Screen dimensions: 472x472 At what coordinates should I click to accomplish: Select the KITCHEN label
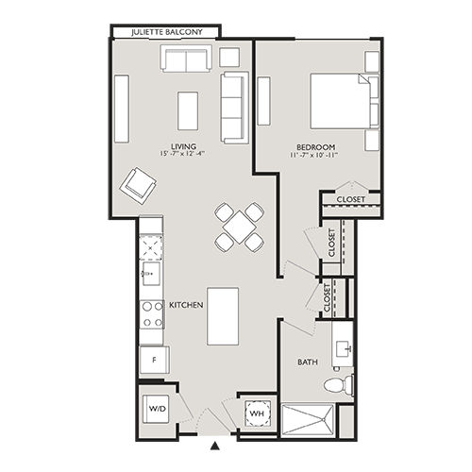[186, 306]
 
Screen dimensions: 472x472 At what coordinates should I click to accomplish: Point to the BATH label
[308, 361]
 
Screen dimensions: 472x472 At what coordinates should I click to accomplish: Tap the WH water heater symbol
[255, 412]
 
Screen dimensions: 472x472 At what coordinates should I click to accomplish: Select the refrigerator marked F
[154, 360]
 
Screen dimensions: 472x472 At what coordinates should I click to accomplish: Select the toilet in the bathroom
[337, 385]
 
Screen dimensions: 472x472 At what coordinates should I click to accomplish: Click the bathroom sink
[344, 349]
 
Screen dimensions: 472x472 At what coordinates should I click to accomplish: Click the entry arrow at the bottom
[215, 445]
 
